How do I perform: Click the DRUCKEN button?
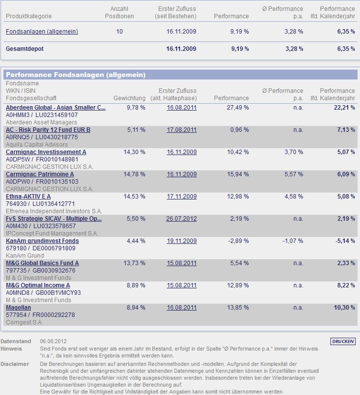point(343,341)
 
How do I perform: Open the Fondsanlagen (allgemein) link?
point(42,32)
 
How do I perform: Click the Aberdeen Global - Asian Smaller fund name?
point(56,108)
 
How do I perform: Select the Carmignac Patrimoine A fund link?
point(40,174)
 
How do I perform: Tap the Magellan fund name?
point(19,308)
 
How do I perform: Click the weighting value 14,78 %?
point(136,174)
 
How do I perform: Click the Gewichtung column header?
point(129,98)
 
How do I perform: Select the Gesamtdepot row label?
point(24,49)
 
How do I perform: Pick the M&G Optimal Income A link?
point(38,285)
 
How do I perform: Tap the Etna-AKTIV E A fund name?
point(28,197)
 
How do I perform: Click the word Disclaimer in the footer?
point(15,364)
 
